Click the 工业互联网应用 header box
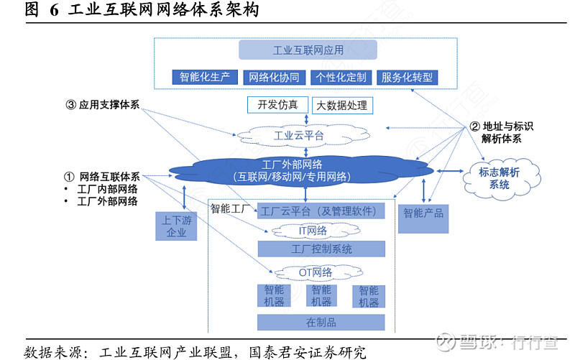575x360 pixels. point(308,50)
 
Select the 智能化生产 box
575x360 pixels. point(205,77)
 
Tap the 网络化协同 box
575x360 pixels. point(274,77)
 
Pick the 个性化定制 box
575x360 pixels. point(341,77)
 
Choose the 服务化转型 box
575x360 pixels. point(407,77)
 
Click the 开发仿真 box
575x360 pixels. point(277,105)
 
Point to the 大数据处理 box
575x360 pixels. point(342,106)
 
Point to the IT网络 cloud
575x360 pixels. point(312,231)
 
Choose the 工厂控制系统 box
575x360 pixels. point(321,249)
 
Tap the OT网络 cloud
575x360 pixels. point(315,272)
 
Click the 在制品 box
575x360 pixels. point(321,322)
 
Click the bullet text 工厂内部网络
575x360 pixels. point(107,189)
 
